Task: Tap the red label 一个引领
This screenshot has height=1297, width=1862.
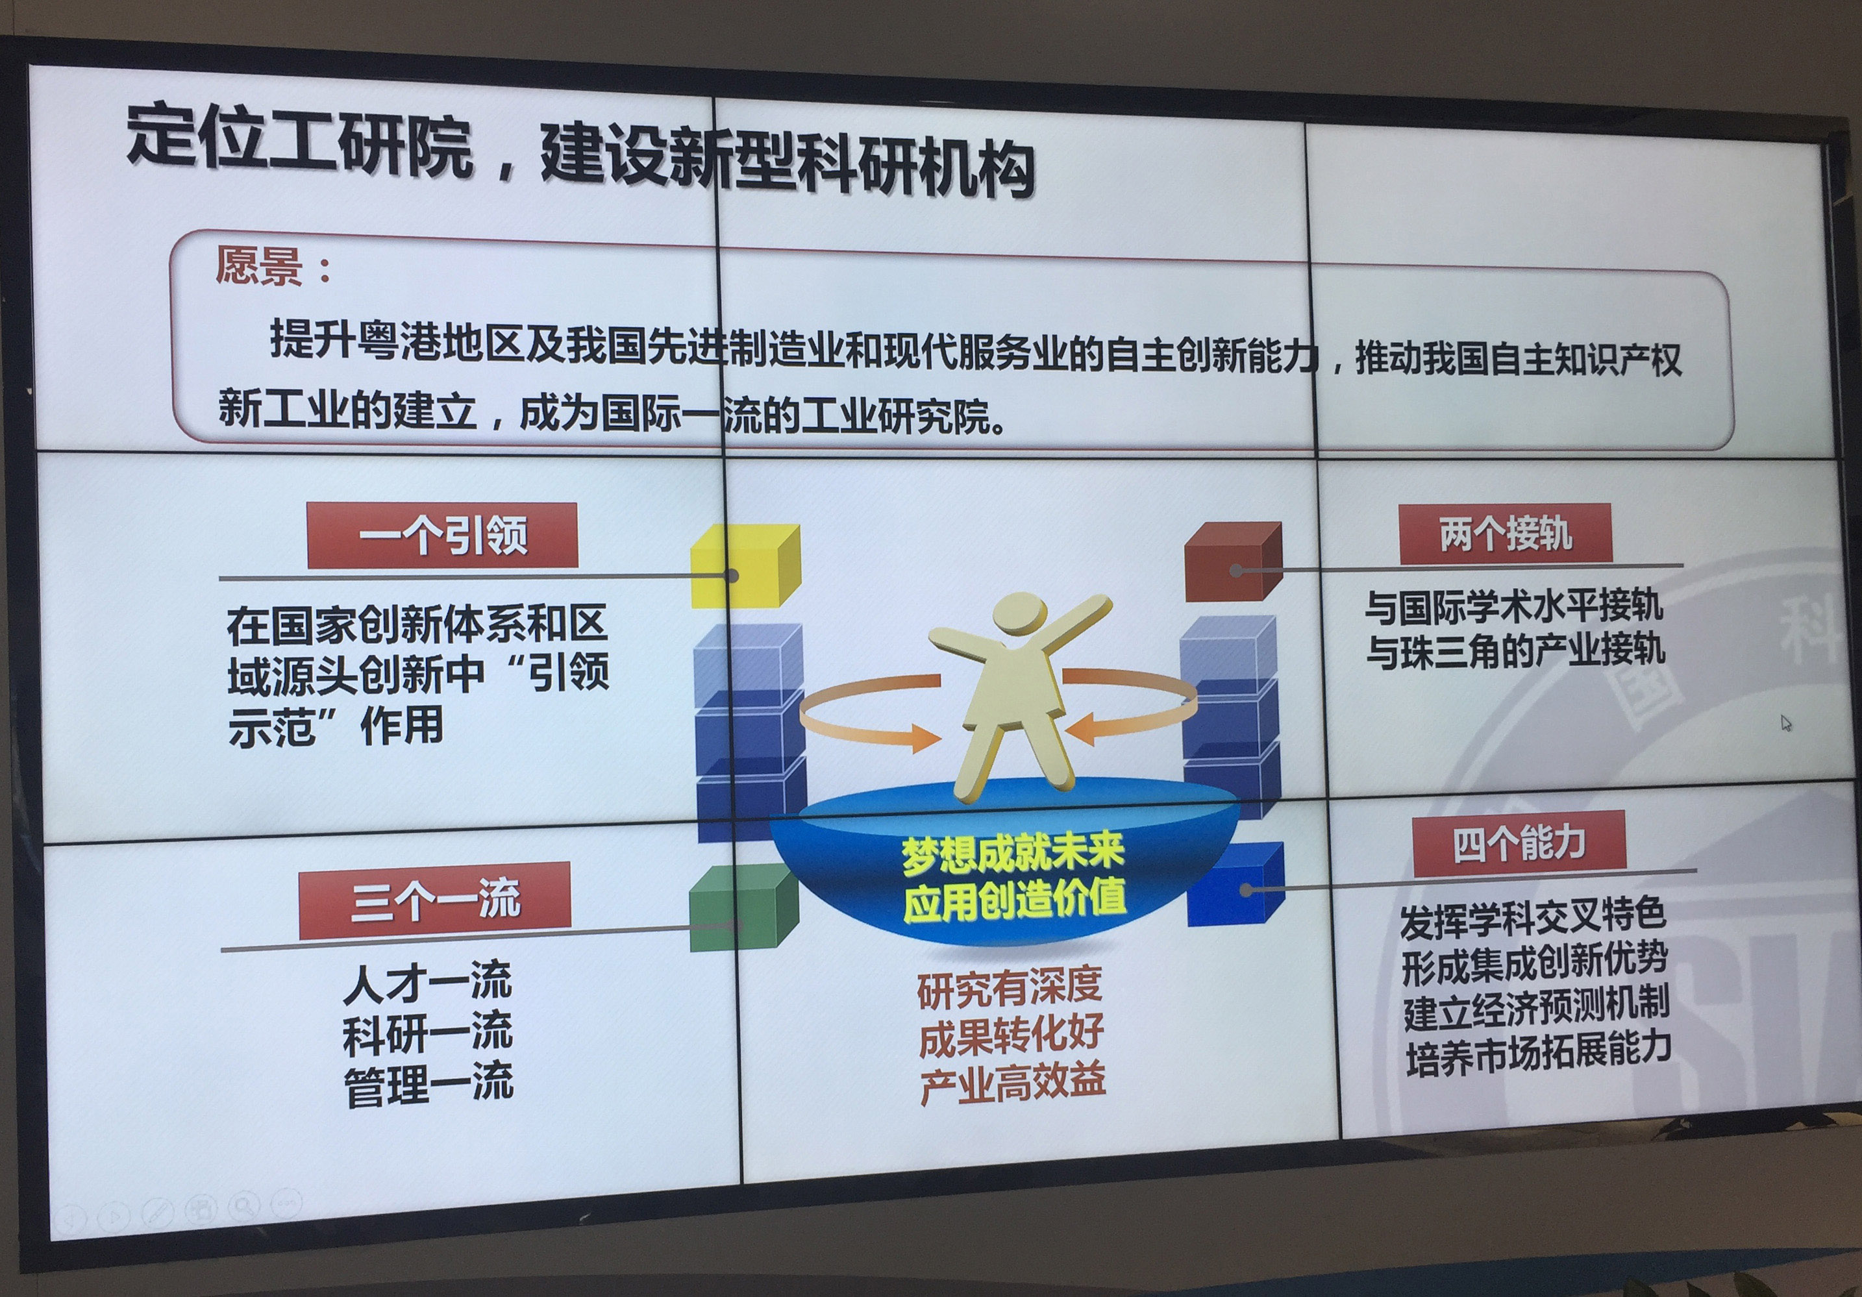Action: click(x=442, y=535)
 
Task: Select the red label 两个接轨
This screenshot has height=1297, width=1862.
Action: click(x=1505, y=534)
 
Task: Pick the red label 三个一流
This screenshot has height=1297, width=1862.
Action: click(x=435, y=900)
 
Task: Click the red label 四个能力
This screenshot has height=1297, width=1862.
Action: click(x=1519, y=843)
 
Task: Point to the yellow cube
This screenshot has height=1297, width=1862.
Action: click(x=745, y=565)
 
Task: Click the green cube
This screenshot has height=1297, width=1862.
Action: click(x=743, y=906)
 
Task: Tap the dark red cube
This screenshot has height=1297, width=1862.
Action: click(x=1233, y=562)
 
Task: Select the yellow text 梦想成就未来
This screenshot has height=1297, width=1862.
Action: click(x=1013, y=854)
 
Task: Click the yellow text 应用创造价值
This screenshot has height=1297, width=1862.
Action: click(x=1015, y=900)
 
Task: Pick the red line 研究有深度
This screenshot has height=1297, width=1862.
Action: click(x=1010, y=987)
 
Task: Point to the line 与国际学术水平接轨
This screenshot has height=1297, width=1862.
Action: click(x=1513, y=606)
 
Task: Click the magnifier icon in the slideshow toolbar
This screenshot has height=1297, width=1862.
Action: click(x=242, y=1206)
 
